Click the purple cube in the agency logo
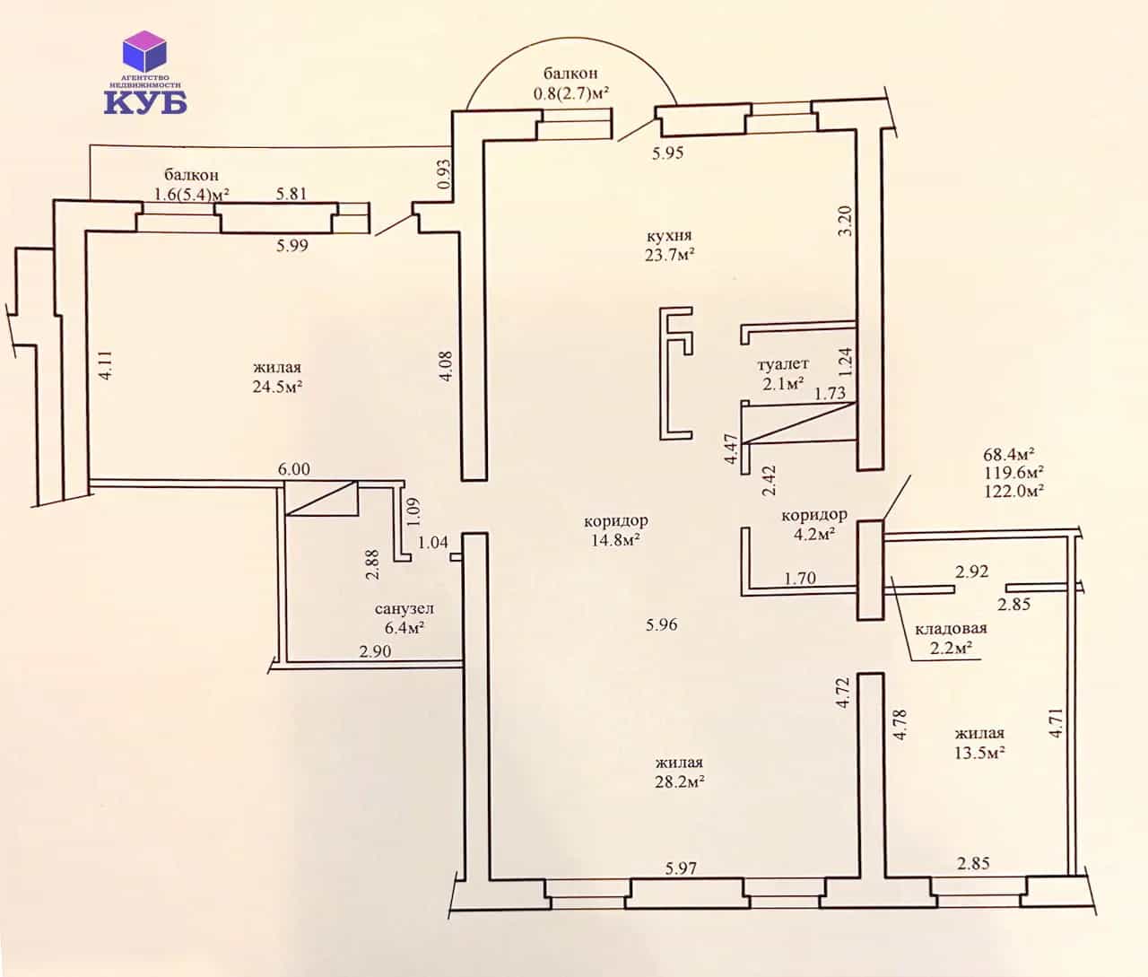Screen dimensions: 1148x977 (x=144, y=53)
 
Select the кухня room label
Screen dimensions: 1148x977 (x=669, y=235)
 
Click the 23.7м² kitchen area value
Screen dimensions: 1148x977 (x=670, y=255)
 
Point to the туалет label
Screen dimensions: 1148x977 (x=783, y=364)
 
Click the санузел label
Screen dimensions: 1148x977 (x=404, y=609)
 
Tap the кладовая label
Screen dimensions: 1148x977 (x=951, y=628)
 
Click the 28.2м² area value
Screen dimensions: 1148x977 (x=680, y=782)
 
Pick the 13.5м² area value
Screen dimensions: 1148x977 (x=979, y=753)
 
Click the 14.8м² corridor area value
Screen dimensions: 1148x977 (x=616, y=540)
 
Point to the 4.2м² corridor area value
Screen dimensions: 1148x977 (x=813, y=534)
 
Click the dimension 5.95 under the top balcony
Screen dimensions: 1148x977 (x=667, y=153)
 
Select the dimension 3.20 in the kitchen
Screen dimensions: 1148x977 (x=846, y=221)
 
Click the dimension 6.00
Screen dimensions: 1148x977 (x=294, y=469)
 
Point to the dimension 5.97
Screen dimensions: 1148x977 (x=681, y=868)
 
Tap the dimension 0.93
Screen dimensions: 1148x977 (x=445, y=174)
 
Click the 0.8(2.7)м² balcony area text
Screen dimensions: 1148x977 (x=571, y=93)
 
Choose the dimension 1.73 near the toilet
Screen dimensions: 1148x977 (x=830, y=393)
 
